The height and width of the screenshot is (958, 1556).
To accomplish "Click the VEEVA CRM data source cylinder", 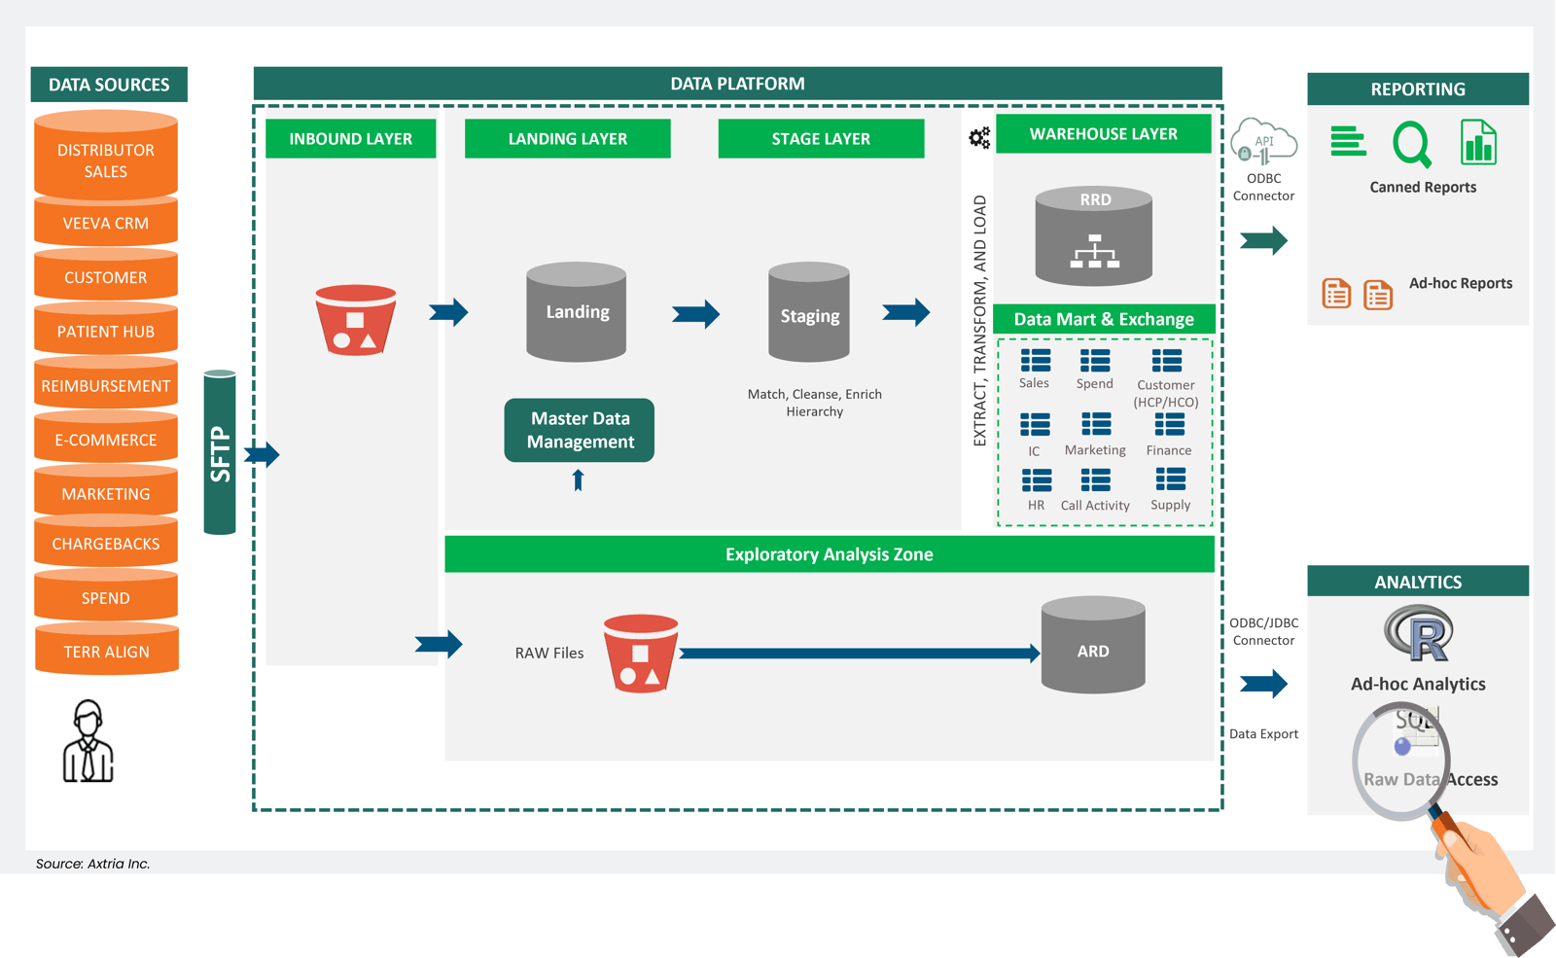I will coord(106,223).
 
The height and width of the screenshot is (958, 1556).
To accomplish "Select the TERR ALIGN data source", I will coord(106,651).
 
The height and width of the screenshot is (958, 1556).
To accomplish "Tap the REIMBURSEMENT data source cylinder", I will coord(106,385).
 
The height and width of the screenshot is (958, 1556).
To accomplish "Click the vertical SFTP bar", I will coord(220,453).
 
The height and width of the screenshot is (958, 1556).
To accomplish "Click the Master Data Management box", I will coord(580,430).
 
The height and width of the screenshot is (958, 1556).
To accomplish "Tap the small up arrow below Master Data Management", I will coord(578,479).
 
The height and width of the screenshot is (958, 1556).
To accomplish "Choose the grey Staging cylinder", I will coord(809,313).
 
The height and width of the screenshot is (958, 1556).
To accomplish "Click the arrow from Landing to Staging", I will coord(695,313).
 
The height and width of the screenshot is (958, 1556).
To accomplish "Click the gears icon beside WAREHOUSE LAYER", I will coord(979,137).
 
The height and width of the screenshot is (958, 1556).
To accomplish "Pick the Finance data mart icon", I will coord(1169,425).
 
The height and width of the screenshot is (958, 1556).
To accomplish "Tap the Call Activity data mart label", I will coord(1095,506).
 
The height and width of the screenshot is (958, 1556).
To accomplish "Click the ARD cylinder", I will coord(1093,646).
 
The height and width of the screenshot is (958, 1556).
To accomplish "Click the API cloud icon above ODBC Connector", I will coord(1263,142).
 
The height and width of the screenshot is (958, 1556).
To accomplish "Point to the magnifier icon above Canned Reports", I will coord(1411,144).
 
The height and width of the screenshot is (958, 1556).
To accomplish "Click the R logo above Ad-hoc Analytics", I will coord(1419,633).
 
